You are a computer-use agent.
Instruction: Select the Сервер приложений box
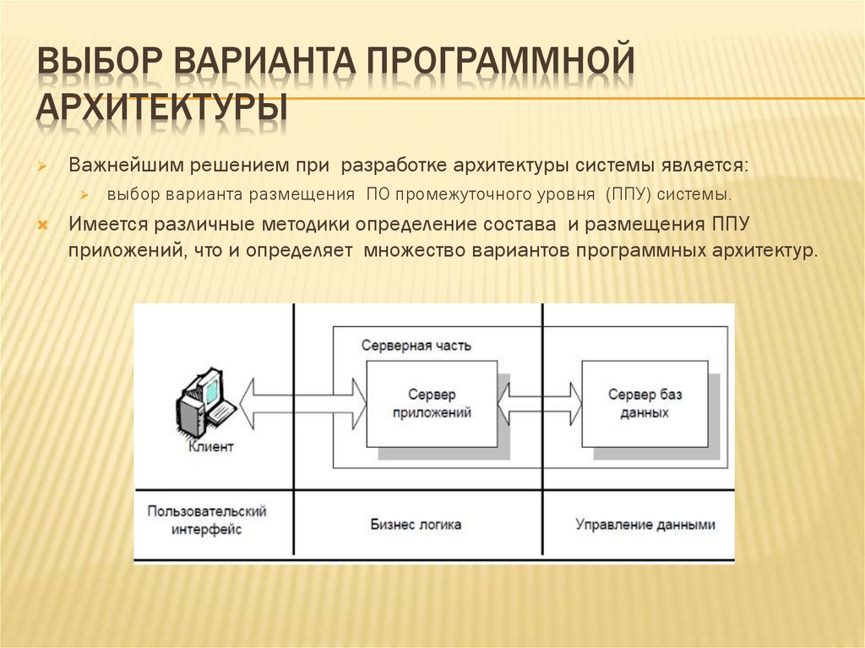[x=432, y=404]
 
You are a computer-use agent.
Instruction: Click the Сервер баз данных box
[x=645, y=404]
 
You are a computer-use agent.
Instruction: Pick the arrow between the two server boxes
[x=540, y=404]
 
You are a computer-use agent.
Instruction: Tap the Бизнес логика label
[x=416, y=525]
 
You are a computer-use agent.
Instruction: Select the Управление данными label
[x=645, y=525]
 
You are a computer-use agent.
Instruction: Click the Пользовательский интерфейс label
[x=207, y=520]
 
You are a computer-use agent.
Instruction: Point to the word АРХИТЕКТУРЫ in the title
[x=160, y=110]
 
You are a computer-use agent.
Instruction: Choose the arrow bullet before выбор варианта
[x=84, y=195]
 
